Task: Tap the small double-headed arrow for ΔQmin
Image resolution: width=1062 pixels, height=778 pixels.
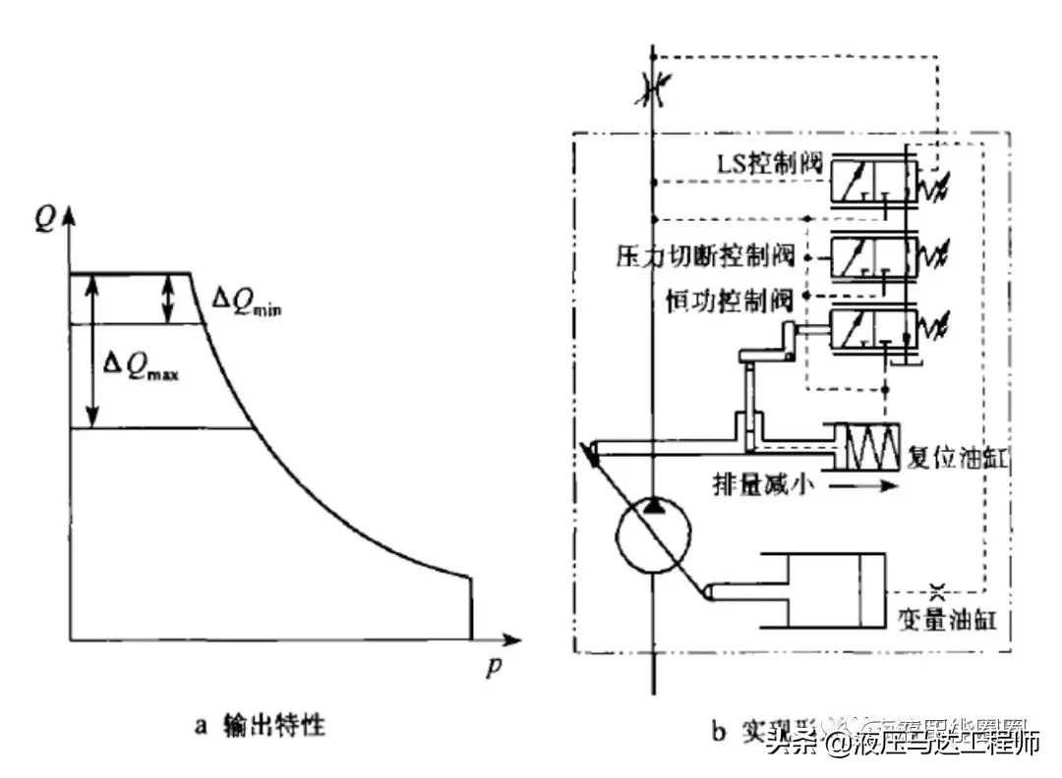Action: (170, 299)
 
